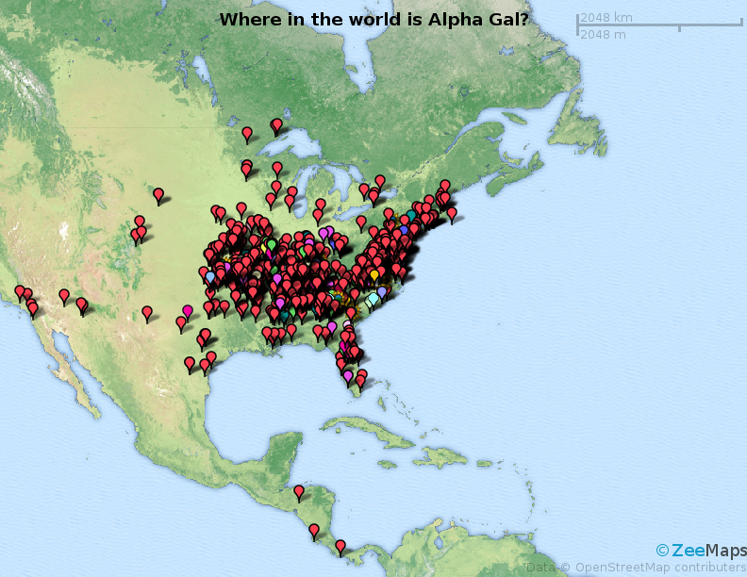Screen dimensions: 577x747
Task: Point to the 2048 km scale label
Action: pos(606,17)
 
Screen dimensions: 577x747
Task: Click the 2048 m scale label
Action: pos(603,35)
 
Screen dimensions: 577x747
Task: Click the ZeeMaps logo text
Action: pos(708,550)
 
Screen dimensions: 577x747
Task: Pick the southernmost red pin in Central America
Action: pos(340,545)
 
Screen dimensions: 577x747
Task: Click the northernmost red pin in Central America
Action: pos(299,491)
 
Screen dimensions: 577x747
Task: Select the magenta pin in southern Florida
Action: pos(348,375)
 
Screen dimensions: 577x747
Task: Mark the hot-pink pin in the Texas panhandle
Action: pos(187,310)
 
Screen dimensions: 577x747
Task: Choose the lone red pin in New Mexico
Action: pos(147,311)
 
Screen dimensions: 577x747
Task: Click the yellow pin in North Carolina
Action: pos(374,274)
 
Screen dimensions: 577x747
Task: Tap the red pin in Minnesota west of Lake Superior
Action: pos(247,133)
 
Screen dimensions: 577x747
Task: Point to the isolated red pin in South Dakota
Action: pos(158,194)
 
